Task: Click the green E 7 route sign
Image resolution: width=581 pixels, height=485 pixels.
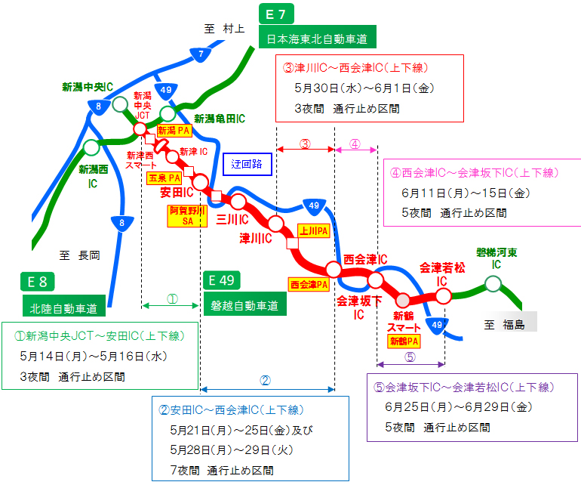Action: click(276, 14)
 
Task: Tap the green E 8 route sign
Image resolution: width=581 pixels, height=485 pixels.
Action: click(38, 282)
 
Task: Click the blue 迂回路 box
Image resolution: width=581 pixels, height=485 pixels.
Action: click(247, 163)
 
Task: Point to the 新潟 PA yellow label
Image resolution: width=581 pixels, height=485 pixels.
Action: click(173, 131)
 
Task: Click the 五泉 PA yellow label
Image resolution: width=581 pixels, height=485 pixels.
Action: click(164, 178)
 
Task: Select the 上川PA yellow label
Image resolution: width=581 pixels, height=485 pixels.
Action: click(313, 230)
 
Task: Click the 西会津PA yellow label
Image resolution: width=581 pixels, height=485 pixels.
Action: click(309, 285)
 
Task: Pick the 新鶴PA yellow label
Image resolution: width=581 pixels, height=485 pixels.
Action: click(404, 341)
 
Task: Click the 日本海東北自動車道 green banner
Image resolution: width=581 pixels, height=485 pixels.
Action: click(317, 38)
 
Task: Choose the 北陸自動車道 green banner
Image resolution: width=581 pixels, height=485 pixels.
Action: click(63, 307)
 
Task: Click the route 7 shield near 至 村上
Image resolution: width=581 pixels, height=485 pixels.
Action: click(200, 54)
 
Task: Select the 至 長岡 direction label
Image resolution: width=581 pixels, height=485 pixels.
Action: click(78, 255)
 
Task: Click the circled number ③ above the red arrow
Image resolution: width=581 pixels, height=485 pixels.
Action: click(306, 144)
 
